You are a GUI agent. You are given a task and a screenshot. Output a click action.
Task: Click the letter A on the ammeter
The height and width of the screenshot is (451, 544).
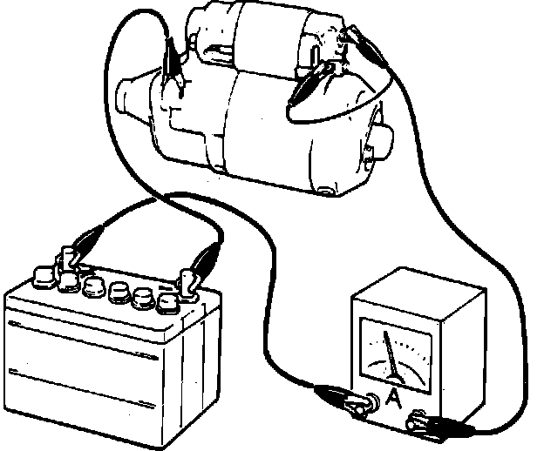(x=394, y=398)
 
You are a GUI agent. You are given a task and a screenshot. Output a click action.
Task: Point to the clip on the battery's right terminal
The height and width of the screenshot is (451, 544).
(x=207, y=260)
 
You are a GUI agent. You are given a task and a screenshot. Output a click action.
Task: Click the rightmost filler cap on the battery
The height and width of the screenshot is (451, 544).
(x=167, y=301)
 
